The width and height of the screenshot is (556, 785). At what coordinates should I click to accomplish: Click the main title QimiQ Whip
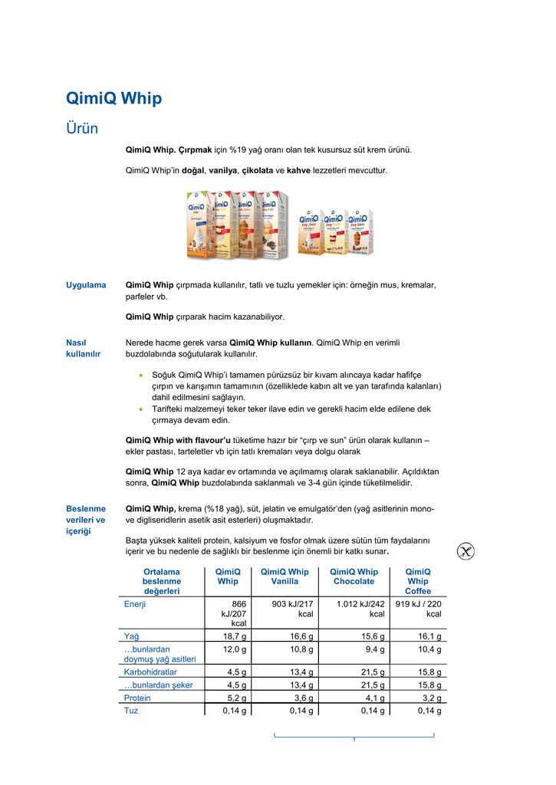[x=114, y=98]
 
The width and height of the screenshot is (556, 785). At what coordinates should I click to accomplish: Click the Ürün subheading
[x=82, y=128]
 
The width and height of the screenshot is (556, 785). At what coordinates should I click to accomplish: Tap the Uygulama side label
[x=86, y=285]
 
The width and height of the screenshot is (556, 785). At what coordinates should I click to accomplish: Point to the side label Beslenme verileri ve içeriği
[x=86, y=520]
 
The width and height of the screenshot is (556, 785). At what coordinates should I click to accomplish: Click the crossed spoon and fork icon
[x=466, y=551]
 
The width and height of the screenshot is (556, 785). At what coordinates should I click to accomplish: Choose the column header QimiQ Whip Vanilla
[x=285, y=576]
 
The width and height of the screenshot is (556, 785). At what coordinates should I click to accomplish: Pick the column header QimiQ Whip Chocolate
[x=354, y=576]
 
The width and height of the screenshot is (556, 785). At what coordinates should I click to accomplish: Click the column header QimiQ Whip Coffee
[x=418, y=581]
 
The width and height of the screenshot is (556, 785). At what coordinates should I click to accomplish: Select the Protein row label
[x=137, y=698]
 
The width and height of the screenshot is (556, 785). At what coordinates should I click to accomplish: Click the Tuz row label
[x=131, y=711]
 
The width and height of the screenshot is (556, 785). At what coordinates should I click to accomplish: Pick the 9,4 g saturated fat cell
[x=372, y=649]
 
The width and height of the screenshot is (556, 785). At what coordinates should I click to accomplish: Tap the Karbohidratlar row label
[x=150, y=672]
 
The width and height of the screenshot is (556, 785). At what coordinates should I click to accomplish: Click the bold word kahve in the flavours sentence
[x=298, y=169]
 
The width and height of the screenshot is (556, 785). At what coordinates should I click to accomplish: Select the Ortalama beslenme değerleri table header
[x=161, y=581]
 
